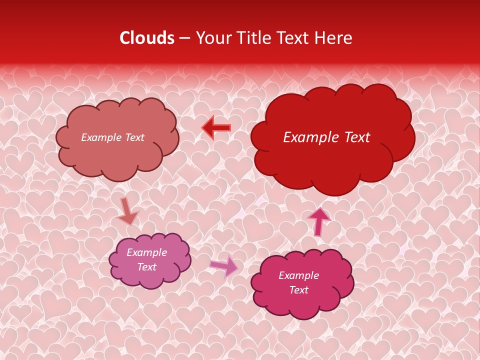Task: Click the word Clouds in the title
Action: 147,38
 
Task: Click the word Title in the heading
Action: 253,38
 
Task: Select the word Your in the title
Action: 213,38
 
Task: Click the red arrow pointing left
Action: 216,128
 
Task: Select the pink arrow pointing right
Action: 224,266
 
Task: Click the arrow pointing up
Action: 318,220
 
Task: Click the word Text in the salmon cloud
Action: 134,137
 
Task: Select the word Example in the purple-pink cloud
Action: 146,252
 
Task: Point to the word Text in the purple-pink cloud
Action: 146,267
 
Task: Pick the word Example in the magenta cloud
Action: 298,275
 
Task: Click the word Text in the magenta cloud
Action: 298,290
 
